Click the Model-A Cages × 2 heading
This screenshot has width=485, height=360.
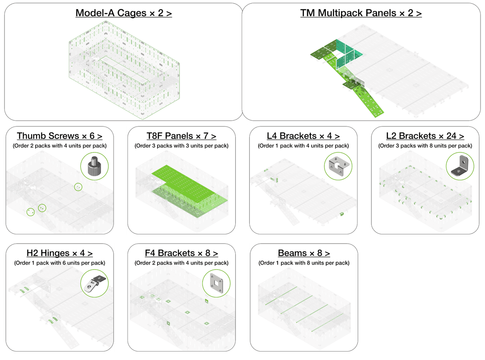tap(124, 13)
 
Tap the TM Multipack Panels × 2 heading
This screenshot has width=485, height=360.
tap(361, 13)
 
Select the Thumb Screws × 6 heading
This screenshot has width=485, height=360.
tap(59, 136)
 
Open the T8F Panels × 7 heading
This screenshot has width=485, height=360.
tap(181, 136)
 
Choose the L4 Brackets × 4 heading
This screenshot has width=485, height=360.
tap(303, 136)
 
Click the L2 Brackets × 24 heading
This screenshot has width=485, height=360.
tap(425, 136)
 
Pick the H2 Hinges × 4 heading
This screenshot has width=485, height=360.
tap(59, 253)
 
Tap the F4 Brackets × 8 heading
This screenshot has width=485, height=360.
tap(181, 253)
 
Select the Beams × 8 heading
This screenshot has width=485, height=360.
tap(304, 253)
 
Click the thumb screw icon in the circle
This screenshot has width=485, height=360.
tap(95, 166)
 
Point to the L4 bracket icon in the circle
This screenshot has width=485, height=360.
tap(338, 166)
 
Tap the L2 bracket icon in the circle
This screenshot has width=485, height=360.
tap(460, 166)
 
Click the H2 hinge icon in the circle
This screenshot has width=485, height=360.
tap(95, 284)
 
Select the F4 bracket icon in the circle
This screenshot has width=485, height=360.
tap(216, 283)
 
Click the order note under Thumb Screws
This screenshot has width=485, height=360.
tap(59, 146)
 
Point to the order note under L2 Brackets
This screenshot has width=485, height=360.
tap(425, 146)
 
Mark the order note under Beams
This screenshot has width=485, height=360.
tap(304, 263)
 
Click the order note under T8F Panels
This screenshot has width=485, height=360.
tap(181, 146)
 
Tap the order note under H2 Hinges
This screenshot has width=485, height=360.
tap(59, 263)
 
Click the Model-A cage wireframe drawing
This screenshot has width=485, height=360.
tap(124, 70)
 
